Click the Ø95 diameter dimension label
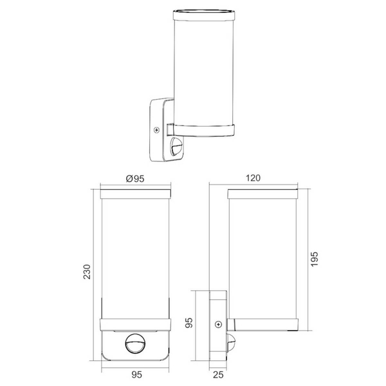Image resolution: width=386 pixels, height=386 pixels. (x=135, y=178)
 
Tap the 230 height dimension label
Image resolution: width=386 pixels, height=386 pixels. (x=87, y=271)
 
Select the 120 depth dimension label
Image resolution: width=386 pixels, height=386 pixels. (x=253, y=178)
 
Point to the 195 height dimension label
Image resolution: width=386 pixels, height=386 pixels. (x=315, y=259)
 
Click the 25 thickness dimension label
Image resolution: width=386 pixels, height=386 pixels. (x=218, y=374)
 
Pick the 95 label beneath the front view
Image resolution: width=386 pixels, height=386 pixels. (x=136, y=374)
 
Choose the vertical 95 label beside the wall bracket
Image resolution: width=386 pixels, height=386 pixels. (x=189, y=323)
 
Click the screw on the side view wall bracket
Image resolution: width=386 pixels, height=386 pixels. (x=218, y=325)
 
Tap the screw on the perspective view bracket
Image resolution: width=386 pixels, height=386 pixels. (x=156, y=130)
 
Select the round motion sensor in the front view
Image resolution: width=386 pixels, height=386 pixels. (x=135, y=344)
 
